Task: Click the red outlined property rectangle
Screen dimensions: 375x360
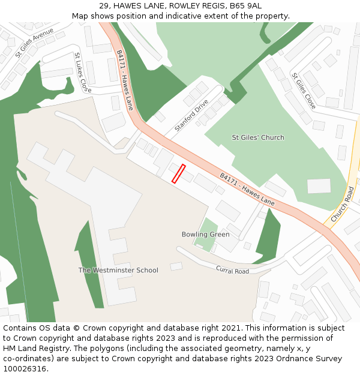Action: (178, 173)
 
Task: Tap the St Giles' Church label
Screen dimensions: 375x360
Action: (258, 137)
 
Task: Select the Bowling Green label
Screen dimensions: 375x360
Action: (205, 234)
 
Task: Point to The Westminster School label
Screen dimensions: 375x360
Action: (118, 270)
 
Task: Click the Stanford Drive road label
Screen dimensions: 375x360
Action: (191, 116)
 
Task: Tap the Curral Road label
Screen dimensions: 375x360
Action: (232, 271)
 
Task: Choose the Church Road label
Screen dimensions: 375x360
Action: (343, 203)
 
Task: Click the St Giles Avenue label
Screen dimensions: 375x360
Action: (34, 42)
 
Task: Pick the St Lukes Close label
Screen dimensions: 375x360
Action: (82, 72)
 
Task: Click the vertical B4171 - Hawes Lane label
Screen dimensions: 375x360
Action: (125, 80)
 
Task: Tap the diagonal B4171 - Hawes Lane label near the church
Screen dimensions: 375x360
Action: (247, 190)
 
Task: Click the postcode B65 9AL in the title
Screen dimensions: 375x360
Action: (246, 6)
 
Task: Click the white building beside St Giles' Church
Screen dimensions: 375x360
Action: (319, 186)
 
